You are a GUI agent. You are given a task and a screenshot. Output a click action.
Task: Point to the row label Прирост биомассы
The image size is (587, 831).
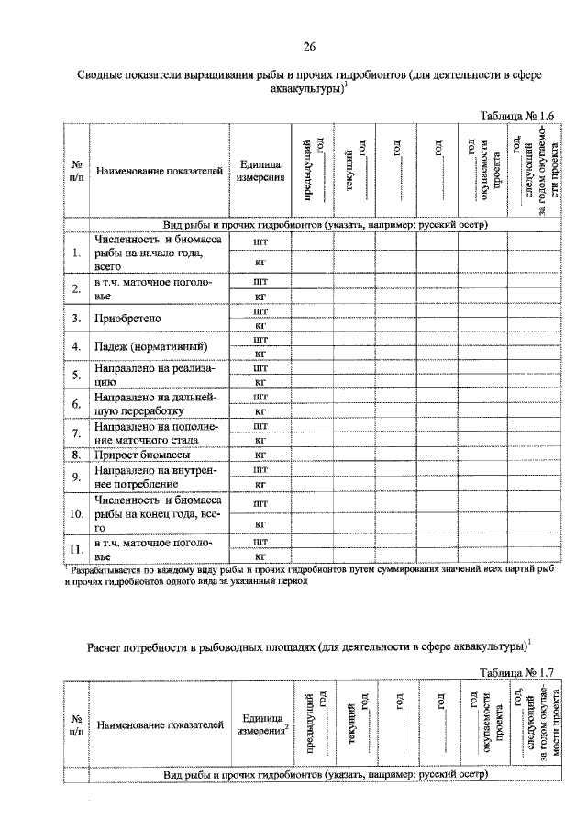140,455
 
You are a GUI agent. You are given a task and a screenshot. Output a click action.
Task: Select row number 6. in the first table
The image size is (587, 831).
76,403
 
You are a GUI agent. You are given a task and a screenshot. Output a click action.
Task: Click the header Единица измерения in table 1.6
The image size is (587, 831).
259,171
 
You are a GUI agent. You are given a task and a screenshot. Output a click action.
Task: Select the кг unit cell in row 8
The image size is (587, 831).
259,455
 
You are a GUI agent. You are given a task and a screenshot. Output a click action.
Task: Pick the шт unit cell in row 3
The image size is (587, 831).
259,311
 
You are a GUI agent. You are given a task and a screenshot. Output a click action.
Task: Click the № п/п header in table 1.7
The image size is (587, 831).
76,725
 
